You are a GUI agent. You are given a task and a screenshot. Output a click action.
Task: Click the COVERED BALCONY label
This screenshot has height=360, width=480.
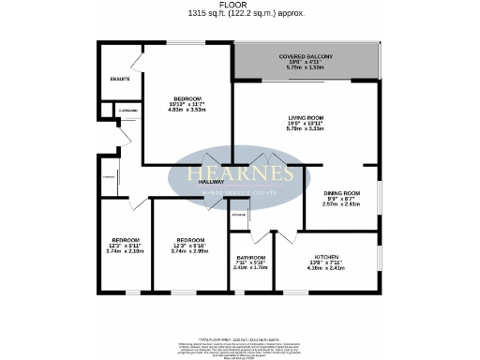(306, 57)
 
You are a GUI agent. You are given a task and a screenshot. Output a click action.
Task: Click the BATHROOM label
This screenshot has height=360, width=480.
(250, 258)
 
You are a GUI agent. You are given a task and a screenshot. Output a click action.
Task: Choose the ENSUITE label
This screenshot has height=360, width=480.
(119, 79)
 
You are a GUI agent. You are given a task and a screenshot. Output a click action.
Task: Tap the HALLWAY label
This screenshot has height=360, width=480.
(199, 182)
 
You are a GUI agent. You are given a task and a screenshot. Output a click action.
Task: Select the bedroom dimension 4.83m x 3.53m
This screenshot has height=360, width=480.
(187, 110)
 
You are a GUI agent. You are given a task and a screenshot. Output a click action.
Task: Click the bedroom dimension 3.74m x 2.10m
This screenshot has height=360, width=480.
(126, 251)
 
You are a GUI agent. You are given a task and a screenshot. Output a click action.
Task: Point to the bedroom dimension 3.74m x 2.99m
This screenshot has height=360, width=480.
(190, 251)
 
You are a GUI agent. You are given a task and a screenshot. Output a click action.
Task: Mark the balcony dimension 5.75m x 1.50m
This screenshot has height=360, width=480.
(306, 68)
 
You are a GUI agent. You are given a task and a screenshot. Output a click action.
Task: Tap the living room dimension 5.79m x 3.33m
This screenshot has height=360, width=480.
(306, 129)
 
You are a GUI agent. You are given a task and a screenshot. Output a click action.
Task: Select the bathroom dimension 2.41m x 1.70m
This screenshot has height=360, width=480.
(250, 267)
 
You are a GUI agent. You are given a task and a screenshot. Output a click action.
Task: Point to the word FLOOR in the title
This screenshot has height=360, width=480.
(240, 5)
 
